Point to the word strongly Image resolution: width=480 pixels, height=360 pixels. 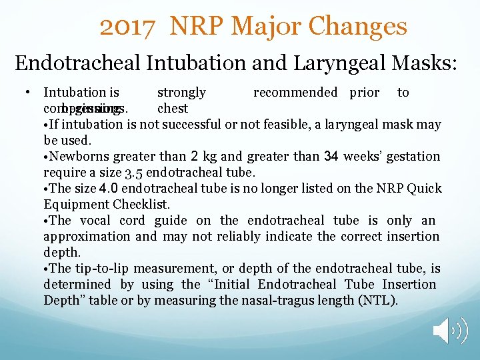pos(181,93)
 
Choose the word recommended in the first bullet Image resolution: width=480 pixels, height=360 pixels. pos(295,93)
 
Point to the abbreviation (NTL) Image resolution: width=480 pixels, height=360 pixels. pos(378,300)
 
